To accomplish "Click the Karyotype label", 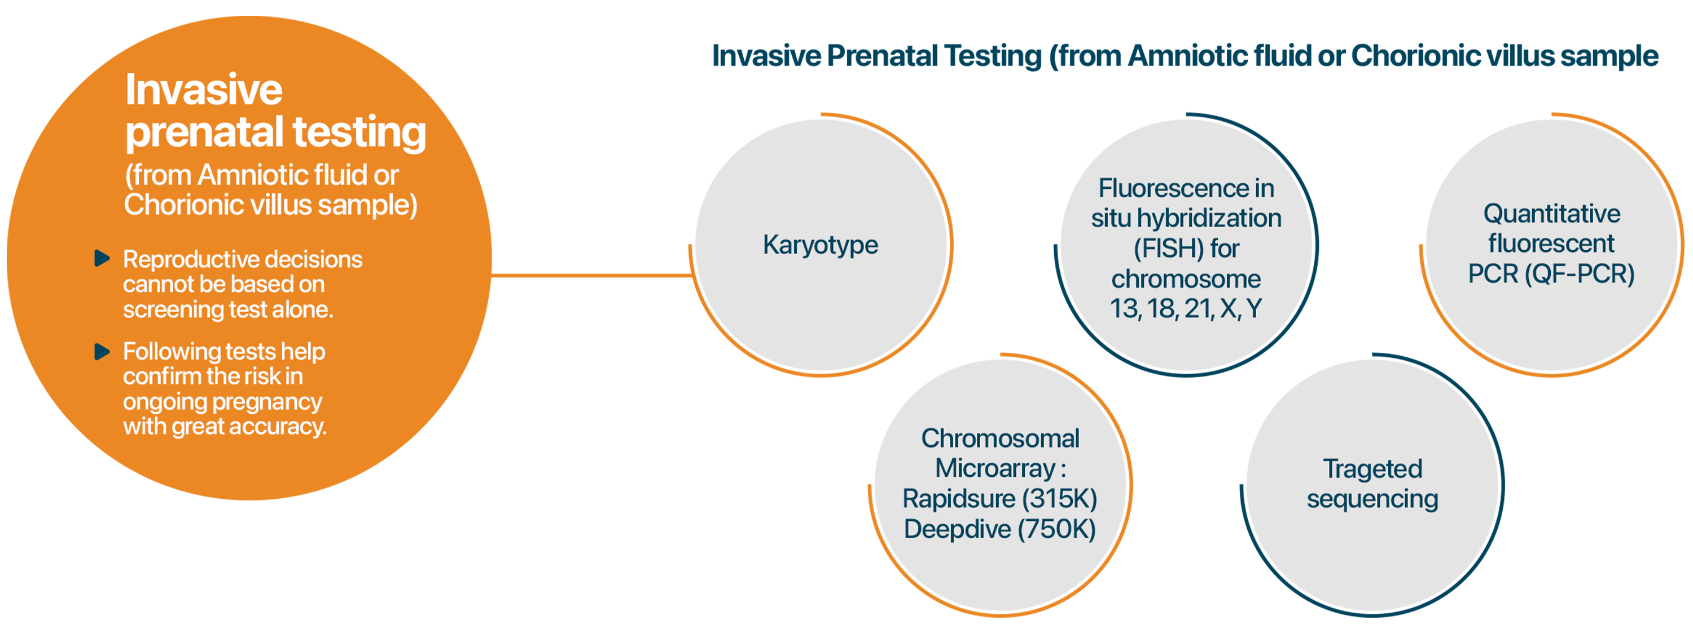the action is pos(820,246).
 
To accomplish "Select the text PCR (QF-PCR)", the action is pos(1551,274).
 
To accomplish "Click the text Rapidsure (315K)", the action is pos(999,499).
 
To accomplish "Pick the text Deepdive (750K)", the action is pos(999,529).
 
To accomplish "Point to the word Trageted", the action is pos(1372,469).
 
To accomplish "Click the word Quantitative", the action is pos(1552,214).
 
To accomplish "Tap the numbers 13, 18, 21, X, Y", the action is pos(1186,309).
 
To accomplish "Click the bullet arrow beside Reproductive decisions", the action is pos(102,258).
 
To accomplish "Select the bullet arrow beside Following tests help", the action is pos(102,351).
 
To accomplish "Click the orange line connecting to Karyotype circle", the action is pos(591,275).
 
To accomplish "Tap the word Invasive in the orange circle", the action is pos(204,90).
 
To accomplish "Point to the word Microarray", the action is pos(995,469).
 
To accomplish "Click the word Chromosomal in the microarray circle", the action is pos(999,438).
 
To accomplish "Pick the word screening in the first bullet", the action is pos(172,310).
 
